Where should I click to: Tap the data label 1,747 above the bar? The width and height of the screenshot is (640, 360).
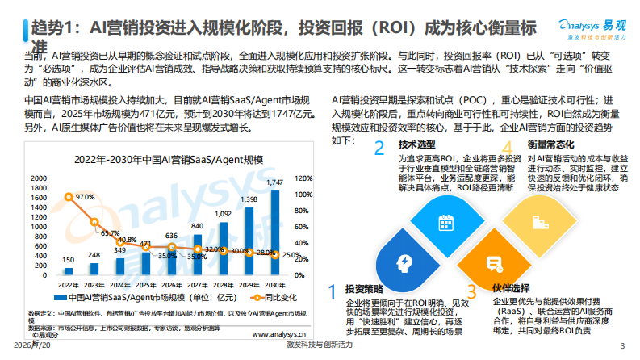pyautogui.click(x=275, y=183)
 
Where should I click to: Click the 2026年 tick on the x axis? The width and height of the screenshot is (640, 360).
pyautogui.click(x=172, y=284)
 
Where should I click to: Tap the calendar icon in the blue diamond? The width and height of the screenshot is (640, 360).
pyautogui.click(x=443, y=224)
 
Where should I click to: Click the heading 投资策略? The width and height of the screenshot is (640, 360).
pyautogui.click(x=358, y=289)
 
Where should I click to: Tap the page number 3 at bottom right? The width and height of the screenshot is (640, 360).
pyautogui.click(x=621, y=345)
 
